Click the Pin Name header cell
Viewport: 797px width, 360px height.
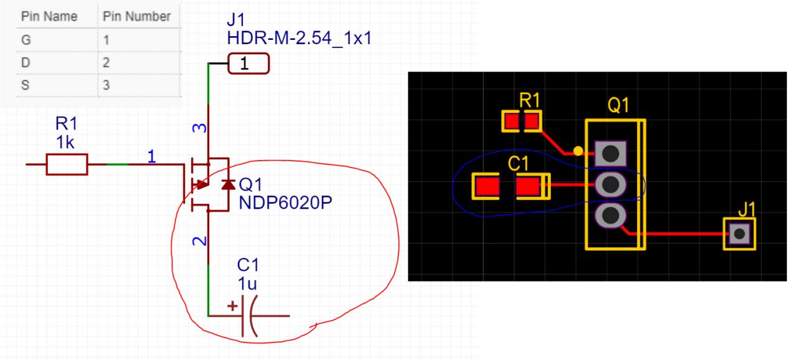[x=49, y=17]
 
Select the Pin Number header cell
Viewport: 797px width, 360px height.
[x=137, y=17]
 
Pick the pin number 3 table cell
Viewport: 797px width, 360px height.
[x=106, y=85]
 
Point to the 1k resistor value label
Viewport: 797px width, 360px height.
[x=65, y=143]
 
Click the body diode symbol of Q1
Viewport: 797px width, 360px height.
[x=227, y=184]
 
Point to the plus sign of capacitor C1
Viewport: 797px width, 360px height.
[x=232, y=306]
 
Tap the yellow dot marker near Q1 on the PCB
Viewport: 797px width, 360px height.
[x=578, y=150]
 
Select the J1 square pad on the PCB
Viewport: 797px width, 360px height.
[x=739, y=234]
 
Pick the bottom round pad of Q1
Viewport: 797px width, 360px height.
[x=610, y=216]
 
